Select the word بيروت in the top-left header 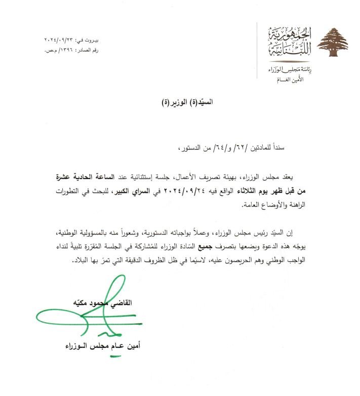coord(92,39)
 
